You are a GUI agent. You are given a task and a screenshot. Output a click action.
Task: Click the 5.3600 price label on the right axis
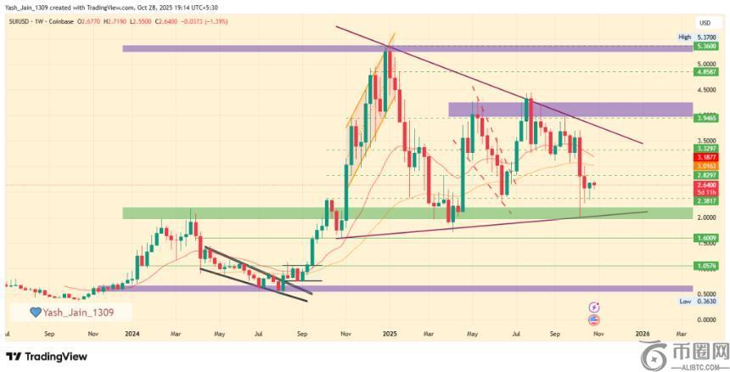click(705, 48)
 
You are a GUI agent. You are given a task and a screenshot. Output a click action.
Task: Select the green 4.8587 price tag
click(705, 72)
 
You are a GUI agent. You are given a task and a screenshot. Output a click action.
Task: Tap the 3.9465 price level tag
click(705, 118)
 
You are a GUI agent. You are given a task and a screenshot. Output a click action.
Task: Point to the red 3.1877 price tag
click(705, 157)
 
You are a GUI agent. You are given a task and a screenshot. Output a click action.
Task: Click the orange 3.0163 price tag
click(705, 166)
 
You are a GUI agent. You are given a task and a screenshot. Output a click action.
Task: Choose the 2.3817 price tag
click(705, 201)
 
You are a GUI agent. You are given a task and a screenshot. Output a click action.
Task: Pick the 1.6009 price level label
click(705, 239)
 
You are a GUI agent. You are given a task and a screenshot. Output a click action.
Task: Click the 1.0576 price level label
click(705, 265)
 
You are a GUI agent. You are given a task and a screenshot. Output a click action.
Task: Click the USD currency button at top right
click(704, 22)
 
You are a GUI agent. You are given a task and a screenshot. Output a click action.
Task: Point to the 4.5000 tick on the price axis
click(705, 89)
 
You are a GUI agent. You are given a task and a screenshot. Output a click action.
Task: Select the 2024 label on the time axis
click(131, 335)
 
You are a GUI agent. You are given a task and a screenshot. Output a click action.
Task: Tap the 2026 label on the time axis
click(643, 335)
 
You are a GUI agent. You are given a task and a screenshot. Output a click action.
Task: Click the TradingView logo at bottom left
click(48, 356)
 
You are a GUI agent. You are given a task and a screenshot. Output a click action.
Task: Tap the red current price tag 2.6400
click(705, 183)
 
